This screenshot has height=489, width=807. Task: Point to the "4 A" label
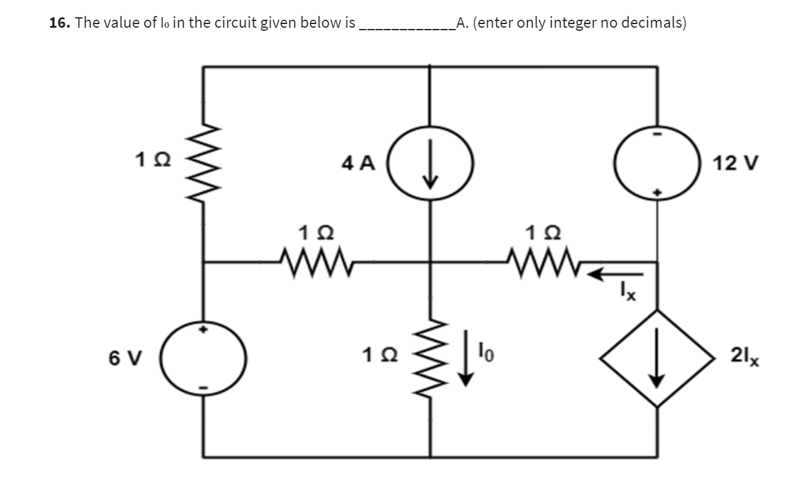[x=358, y=163]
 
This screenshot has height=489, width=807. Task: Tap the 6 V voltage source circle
[x=204, y=358]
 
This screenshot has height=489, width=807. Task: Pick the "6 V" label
[x=126, y=358]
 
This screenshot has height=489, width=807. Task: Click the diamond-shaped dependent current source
[x=656, y=358]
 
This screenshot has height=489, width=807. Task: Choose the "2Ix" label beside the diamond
[x=745, y=356]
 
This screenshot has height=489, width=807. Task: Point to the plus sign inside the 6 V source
[x=203, y=330]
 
